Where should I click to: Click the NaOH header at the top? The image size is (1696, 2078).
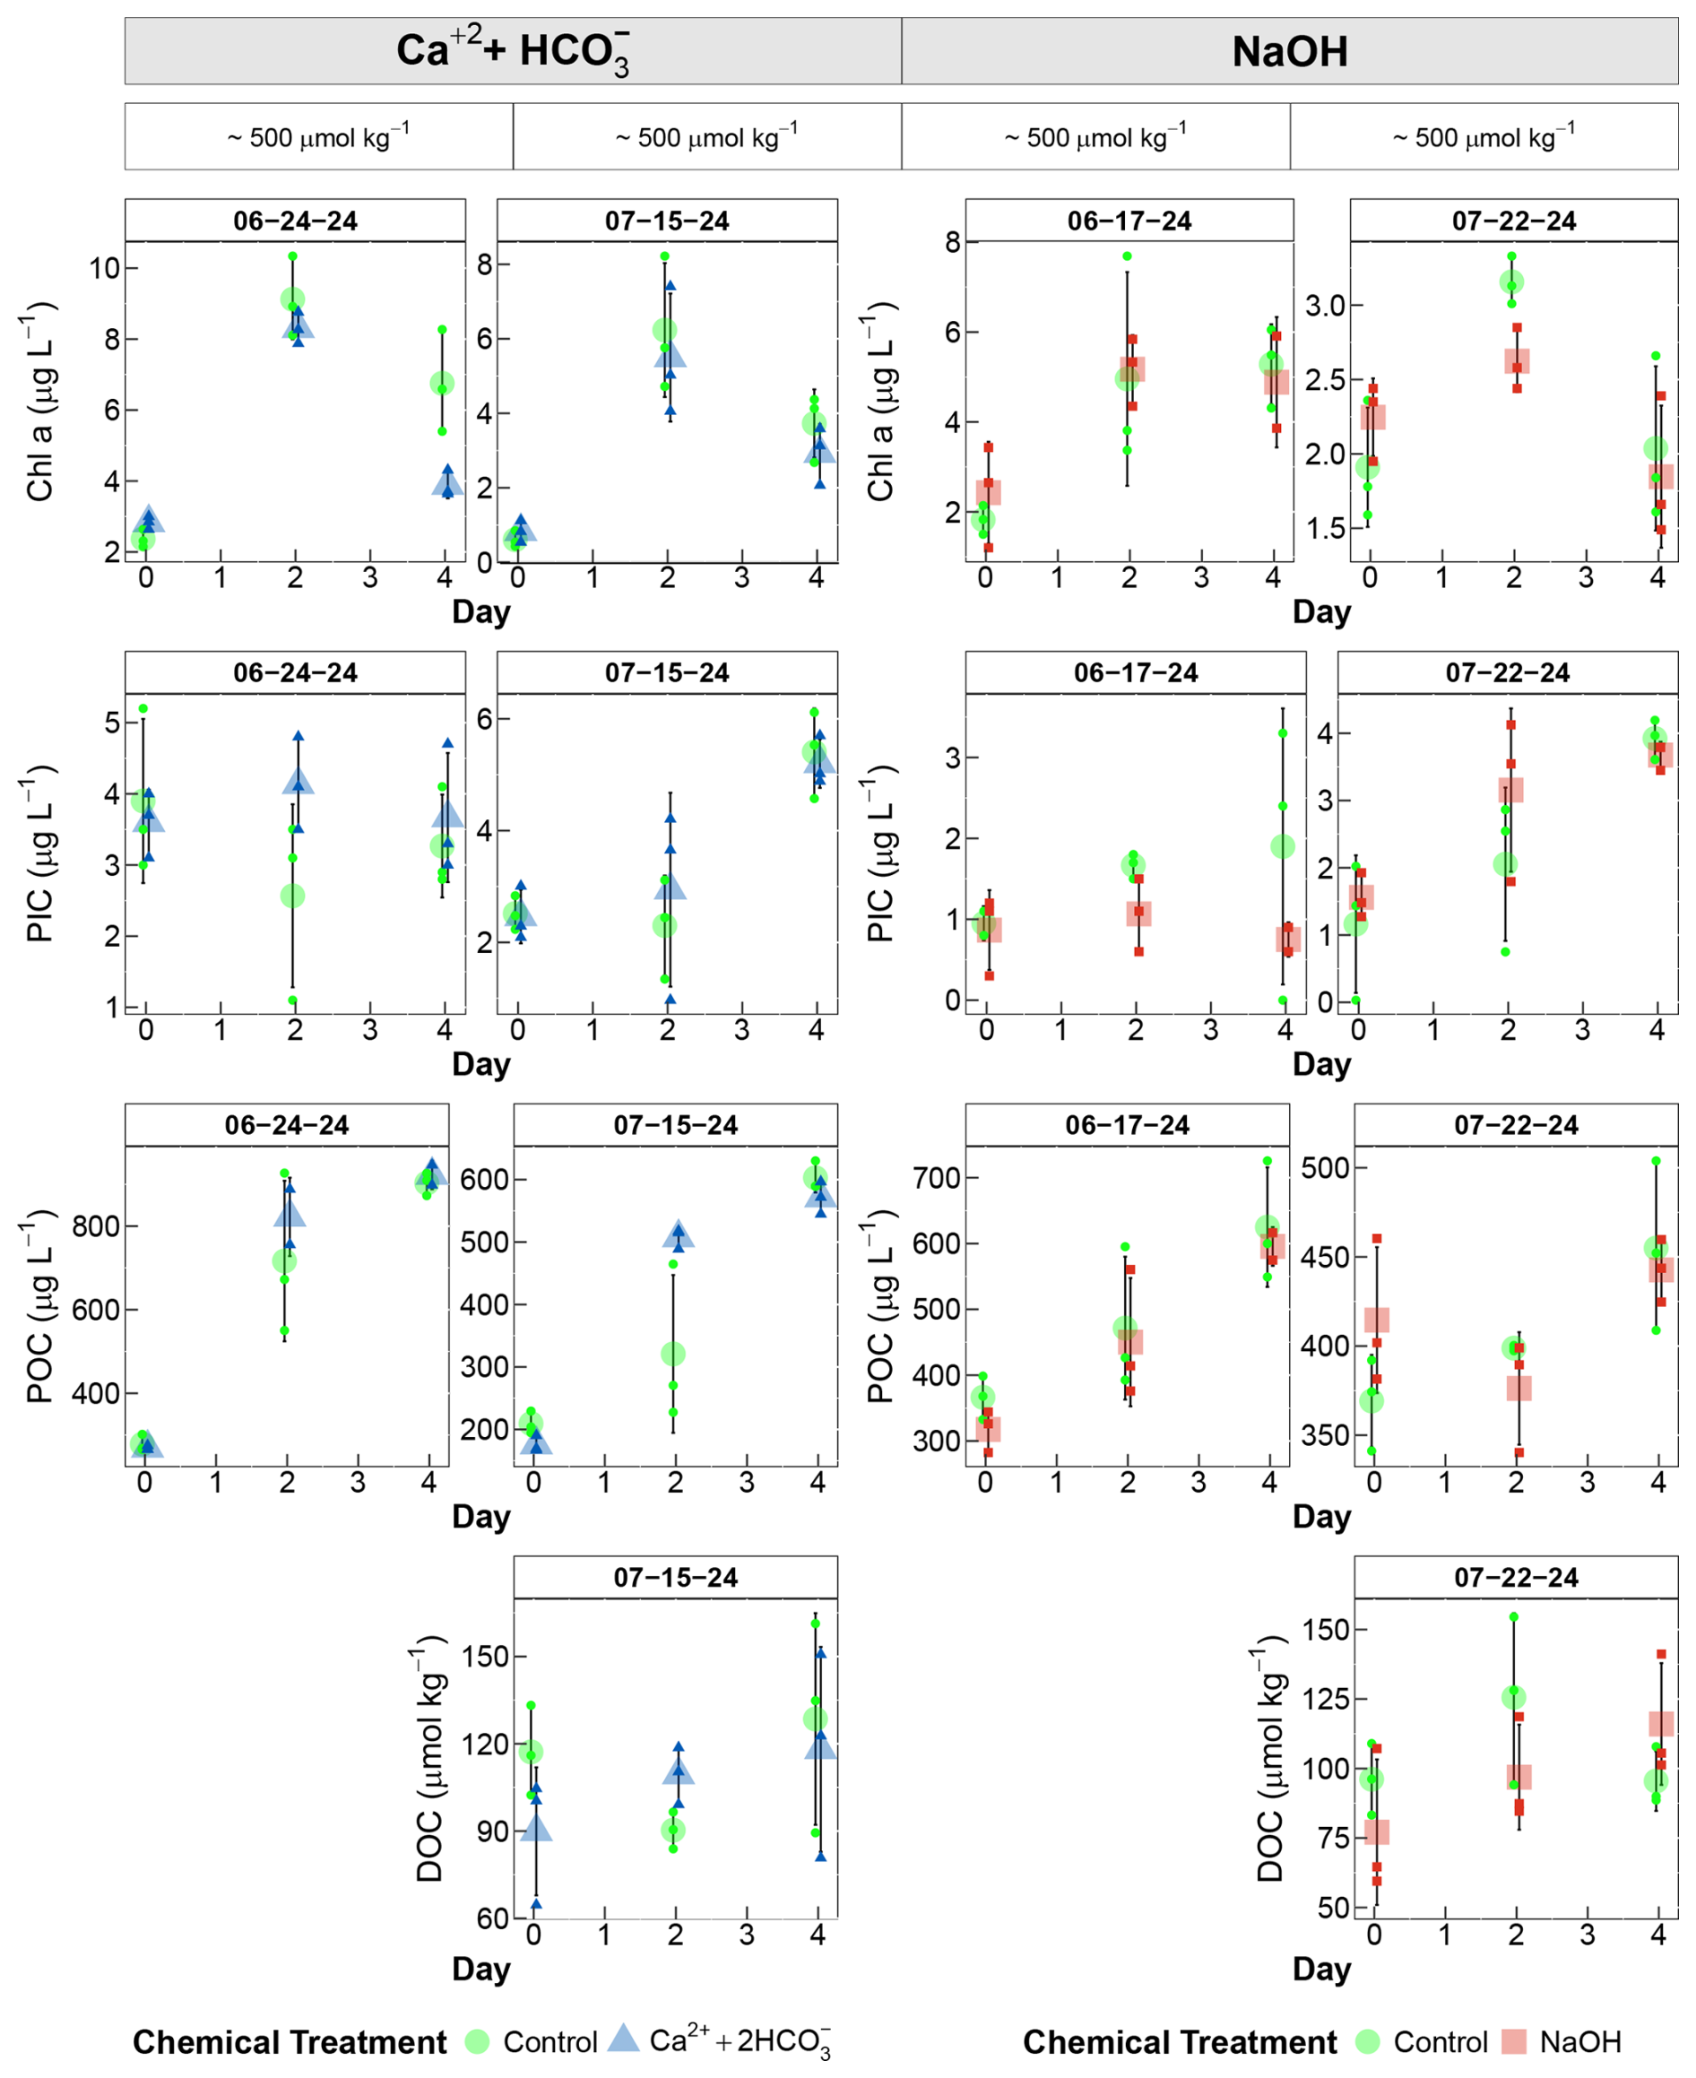1290,52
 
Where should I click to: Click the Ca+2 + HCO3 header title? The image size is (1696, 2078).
513,51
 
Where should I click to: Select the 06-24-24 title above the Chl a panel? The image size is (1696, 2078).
295,221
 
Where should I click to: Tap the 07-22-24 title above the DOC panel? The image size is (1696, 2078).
1516,1578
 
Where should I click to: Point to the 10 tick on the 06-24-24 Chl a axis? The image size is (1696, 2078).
104,269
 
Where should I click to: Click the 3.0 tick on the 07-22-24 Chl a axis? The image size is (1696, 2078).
1326,306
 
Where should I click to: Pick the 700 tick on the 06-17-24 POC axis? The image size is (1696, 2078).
937,1178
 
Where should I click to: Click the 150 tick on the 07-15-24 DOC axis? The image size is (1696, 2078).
486,1657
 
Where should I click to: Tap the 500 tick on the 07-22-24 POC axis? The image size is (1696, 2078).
1326,1167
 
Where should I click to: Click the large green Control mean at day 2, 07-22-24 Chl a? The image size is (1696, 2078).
1511,282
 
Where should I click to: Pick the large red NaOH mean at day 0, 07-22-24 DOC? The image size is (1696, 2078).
1377,1831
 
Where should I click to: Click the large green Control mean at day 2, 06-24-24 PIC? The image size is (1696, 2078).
292,896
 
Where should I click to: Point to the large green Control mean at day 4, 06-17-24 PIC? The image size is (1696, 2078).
1283,847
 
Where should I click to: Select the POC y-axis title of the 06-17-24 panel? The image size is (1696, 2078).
882,1306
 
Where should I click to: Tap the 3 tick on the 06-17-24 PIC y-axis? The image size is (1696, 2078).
953,758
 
